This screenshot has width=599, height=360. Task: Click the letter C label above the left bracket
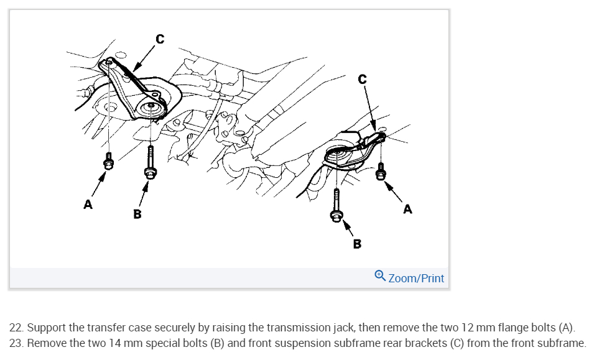point(160,39)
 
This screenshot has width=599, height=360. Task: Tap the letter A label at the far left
point(88,204)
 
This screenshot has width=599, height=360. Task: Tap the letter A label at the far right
point(407,209)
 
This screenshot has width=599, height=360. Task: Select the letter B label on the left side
point(137,214)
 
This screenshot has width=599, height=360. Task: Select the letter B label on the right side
point(356,244)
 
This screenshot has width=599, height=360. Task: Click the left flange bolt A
point(109,162)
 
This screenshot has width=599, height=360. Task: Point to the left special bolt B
point(150,162)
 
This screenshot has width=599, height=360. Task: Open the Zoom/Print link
point(416,278)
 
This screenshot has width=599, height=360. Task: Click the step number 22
point(16,328)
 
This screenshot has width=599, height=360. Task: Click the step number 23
point(16,343)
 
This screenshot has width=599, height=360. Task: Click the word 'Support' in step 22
point(45,328)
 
